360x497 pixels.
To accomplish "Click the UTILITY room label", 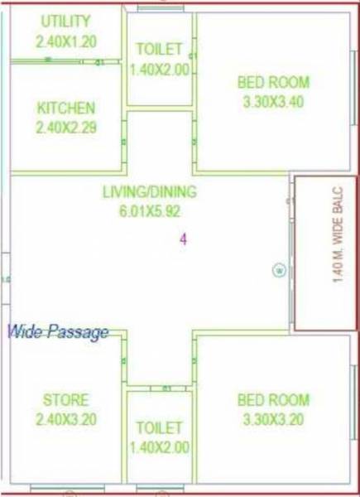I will (x=65, y=20).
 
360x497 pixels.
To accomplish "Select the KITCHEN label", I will (x=65, y=109).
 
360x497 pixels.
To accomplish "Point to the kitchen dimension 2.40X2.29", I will (x=65, y=128).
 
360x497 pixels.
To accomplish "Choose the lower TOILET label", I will (x=158, y=428).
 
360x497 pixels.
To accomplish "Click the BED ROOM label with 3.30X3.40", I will (x=272, y=82).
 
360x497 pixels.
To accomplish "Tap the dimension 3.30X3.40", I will (x=272, y=101).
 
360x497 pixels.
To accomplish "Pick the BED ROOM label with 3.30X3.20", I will (x=272, y=400).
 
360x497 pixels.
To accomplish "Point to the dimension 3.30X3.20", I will (x=272, y=419).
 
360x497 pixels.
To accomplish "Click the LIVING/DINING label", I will (x=149, y=192).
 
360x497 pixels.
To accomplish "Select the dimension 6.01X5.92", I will (x=149, y=211).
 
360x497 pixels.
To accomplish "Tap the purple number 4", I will (x=184, y=239).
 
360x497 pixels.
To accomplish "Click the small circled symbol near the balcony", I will (x=280, y=270).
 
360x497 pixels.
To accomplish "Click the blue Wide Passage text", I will (x=58, y=333).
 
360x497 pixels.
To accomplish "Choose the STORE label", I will (x=65, y=400).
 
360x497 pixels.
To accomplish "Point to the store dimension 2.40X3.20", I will (x=65, y=419).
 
